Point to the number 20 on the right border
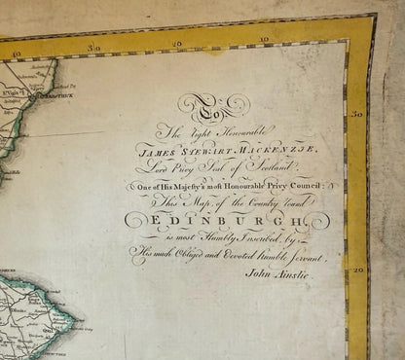pos(358,270)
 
